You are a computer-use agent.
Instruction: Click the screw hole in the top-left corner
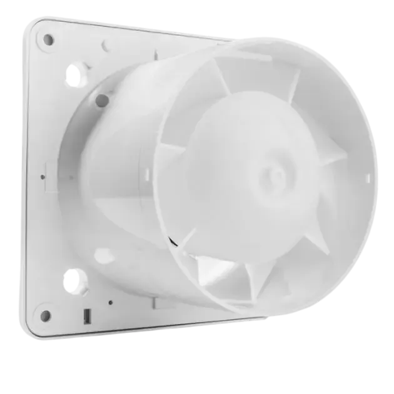pos(48,39)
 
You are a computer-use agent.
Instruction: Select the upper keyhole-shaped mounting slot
pos(76,76)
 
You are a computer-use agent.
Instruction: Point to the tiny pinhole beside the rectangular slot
pos(110,303)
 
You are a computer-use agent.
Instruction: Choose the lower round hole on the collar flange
pos(104,255)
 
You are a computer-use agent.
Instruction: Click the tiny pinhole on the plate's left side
pos(43,177)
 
